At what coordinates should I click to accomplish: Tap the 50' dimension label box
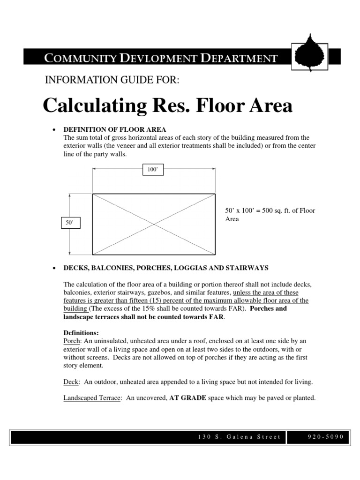tap(70, 224)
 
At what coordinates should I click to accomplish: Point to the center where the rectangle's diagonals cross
tap(154, 224)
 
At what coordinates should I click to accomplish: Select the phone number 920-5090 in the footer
tap(322, 437)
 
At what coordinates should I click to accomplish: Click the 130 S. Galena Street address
tap(239, 437)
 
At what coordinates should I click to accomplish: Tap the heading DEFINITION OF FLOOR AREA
tap(115, 129)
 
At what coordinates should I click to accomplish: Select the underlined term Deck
tap(70, 382)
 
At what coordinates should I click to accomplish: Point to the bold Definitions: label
tap(81, 333)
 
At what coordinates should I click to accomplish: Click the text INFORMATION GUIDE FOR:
tap(112, 80)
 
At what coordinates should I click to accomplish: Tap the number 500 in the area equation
tap(271, 211)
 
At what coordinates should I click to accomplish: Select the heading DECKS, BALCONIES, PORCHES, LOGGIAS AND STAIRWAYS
tap(165, 268)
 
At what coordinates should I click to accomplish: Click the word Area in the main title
tap(266, 106)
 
